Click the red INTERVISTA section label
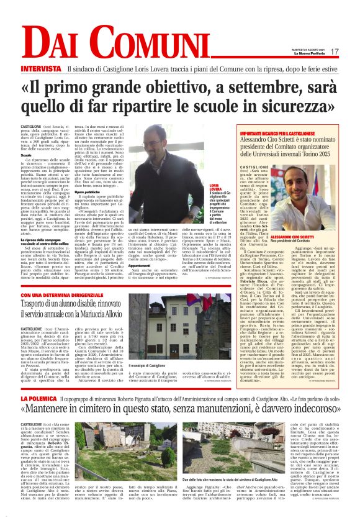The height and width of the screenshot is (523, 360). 42,68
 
